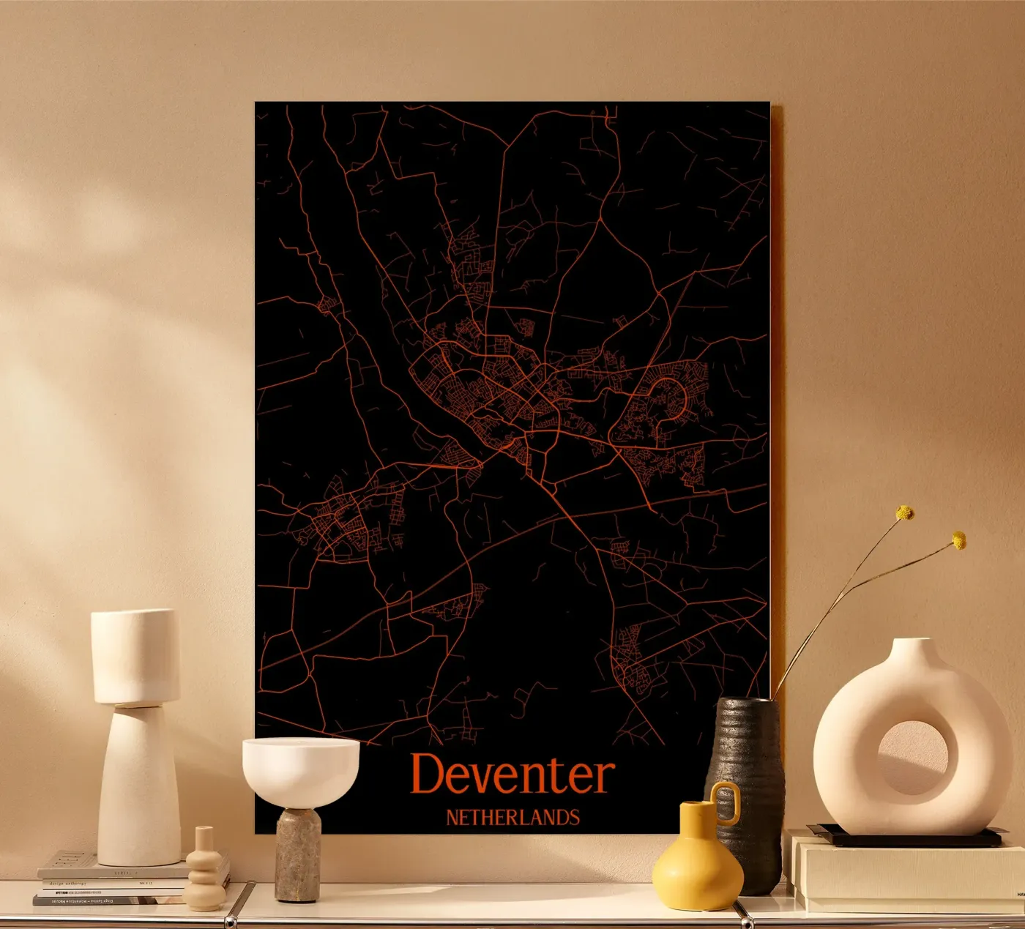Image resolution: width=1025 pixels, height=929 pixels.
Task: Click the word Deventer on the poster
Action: tap(512, 775)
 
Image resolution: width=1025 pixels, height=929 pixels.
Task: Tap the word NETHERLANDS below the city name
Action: tap(512, 817)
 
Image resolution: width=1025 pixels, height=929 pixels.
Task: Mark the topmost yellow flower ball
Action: tap(906, 512)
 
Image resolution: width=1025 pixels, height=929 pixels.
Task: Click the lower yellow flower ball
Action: tap(958, 540)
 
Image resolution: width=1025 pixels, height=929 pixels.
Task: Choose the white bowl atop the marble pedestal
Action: tap(301, 769)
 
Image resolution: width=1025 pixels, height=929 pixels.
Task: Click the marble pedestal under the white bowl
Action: tap(298, 853)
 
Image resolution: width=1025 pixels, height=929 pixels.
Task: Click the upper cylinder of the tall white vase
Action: tap(135, 655)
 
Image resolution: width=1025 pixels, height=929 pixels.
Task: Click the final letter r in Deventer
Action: tap(604, 778)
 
